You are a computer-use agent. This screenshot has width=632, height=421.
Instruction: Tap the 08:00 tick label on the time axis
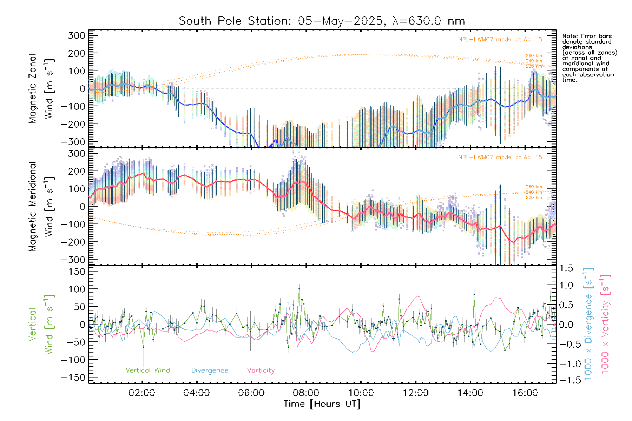click(306, 393)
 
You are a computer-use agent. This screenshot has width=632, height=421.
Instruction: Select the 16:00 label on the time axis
click(525, 393)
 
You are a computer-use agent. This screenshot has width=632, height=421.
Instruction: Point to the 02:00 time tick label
click(142, 393)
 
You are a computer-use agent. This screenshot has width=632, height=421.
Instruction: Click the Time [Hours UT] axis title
click(322, 404)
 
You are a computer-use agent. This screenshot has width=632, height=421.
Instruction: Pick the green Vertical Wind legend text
click(147, 370)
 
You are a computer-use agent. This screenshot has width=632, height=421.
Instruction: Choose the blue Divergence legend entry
click(210, 370)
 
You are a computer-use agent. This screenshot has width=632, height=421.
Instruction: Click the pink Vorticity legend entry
click(261, 370)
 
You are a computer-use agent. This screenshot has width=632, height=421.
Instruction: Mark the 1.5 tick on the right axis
click(566, 268)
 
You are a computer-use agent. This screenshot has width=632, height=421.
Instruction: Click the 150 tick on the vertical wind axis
click(78, 272)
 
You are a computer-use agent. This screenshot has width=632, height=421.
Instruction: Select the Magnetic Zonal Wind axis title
click(41, 88)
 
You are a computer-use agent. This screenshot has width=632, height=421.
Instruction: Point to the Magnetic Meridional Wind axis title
click(41, 207)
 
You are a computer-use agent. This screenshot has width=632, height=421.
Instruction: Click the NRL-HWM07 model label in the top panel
click(500, 40)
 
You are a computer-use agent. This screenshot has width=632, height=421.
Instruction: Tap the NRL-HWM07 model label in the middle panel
click(500, 158)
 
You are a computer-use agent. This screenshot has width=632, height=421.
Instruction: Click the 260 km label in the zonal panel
click(534, 56)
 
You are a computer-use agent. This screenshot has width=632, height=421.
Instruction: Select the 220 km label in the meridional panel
click(534, 198)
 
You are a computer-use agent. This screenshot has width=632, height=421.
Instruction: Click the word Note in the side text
click(569, 36)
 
